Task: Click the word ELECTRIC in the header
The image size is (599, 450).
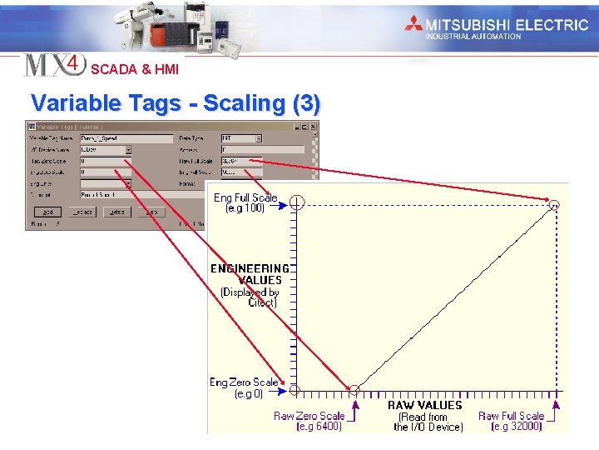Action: point(552,24)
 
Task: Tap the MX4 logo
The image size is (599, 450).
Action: point(54,65)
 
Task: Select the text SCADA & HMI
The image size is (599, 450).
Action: point(135,70)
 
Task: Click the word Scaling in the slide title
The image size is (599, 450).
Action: point(245,103)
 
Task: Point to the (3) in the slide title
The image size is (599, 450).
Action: point(305,103)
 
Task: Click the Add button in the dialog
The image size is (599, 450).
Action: point(47,212)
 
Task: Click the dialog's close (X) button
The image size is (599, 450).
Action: point(313,127)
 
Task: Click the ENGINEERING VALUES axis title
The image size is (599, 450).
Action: point(250,274)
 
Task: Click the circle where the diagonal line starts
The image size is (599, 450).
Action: point(354,389)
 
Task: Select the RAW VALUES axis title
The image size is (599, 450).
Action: point(424,405)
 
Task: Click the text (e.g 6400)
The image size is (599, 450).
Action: point(319,427)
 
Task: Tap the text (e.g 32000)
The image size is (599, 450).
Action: point(517,427)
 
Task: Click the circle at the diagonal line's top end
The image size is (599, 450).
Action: point(555,203)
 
